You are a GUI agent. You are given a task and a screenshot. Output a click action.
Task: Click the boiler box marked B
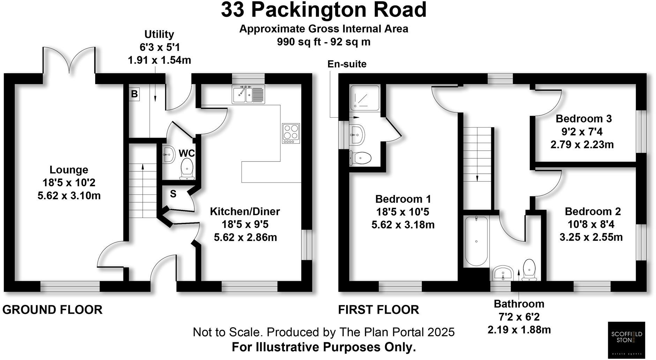click(x=134, y=94)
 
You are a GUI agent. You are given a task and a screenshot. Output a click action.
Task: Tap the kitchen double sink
click(x=248, y=94)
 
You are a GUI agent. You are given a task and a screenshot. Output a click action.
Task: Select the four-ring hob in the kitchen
click(x=291, y=133)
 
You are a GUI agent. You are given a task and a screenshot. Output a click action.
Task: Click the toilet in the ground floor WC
click(x=187, y=169)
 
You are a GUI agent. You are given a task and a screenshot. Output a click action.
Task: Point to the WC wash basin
click(x=169, y=154)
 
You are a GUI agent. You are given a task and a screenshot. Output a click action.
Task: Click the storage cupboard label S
click(x=173, y=194)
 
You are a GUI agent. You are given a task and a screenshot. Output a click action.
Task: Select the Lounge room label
click(x=69, y=170)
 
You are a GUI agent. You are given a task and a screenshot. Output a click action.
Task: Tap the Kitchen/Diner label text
click(x=245, y=211)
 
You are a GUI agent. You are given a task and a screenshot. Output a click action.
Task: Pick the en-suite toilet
click(x=361, y=158)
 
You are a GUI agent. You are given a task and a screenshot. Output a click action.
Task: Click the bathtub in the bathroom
click(x=476, y=241)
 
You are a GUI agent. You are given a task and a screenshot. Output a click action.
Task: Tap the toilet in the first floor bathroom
click(x=529, y=270)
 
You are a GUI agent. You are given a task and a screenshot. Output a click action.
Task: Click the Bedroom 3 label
click(x=583, y=119)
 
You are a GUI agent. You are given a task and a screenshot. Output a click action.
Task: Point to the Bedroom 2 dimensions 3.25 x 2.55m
click(x=591, y=237)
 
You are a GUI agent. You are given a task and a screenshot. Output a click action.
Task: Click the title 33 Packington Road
click(x=323, y=10)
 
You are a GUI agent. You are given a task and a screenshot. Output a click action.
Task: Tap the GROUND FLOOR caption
click(x=52, y=309)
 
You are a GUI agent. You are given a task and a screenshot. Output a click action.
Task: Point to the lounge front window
click(x=70, y=287)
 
